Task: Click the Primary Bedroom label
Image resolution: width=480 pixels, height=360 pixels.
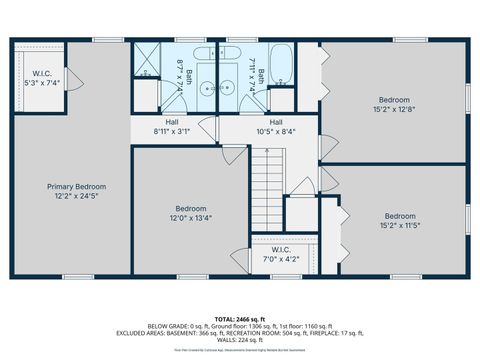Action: pyautogui.click(x=76, y=191)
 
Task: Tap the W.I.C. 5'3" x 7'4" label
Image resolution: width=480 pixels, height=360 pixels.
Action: pyautogui.click(x=41, y=77)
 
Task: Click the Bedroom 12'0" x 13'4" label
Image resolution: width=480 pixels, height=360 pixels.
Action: pyautogui.click(x=189, y=212)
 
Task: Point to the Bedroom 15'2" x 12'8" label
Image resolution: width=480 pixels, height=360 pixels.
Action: pyautogui.click(x=393, y=103)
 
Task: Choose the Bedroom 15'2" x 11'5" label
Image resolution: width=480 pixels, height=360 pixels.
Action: pyautogui.click(x=400, y=221)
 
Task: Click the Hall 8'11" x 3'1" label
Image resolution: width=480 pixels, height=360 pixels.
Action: pyautogui.click(x=171, y=126)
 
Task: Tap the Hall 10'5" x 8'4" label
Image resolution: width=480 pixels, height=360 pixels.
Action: pyautogui.click(x=275, y=126)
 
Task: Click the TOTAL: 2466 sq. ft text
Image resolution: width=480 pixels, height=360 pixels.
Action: pyautogui.click(x=240, y=317)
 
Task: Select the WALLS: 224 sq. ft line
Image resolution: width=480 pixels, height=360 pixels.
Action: pyautogui.click(x=240, y=341)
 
